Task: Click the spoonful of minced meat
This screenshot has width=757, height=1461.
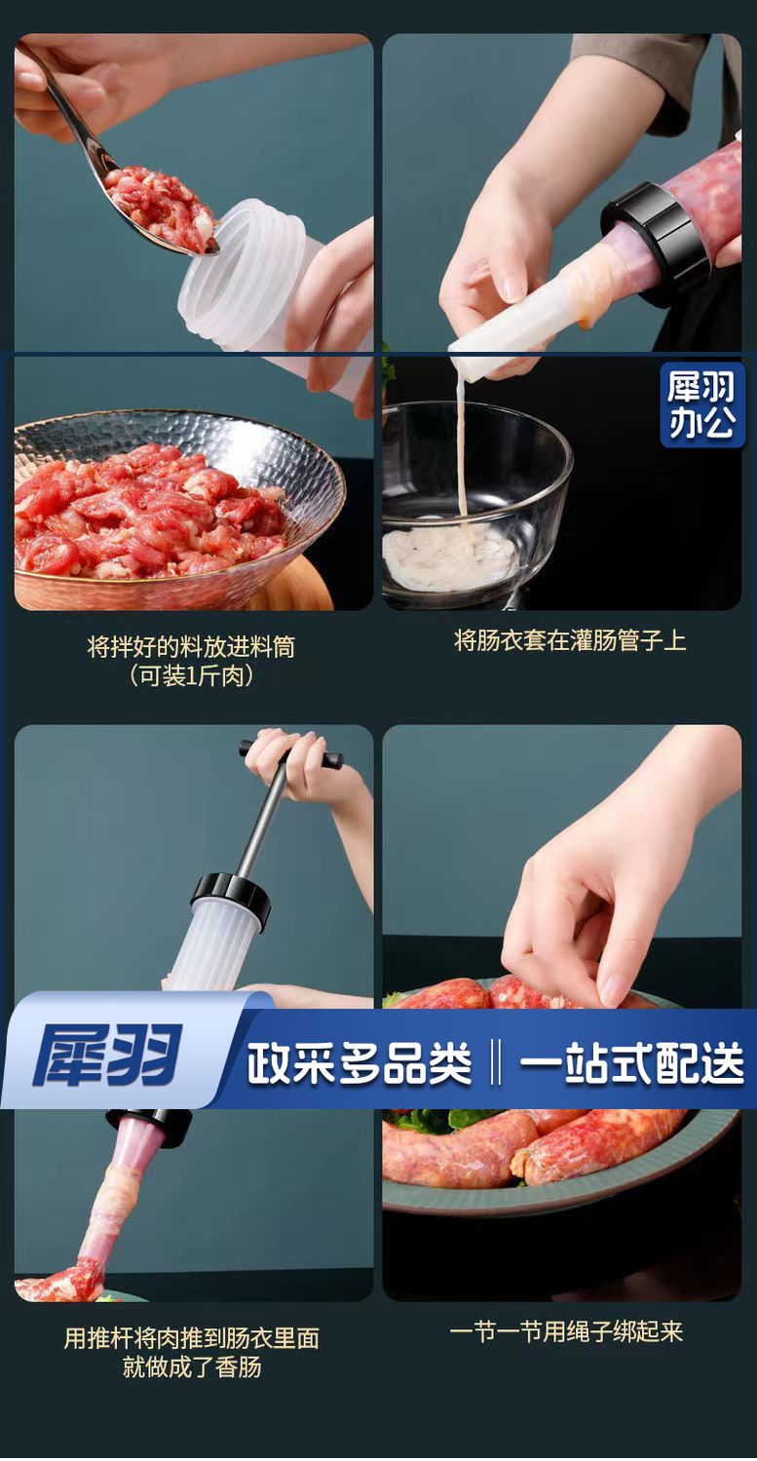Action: [160, 202]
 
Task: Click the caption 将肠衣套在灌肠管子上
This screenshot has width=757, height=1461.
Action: [570, 640]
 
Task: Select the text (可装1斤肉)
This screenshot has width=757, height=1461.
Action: [191, 675]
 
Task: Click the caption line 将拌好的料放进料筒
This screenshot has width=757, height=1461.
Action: [191, 647]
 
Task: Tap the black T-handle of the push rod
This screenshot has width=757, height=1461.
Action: [290, 753]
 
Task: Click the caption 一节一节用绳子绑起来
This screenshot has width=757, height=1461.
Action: [566, 1331]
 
